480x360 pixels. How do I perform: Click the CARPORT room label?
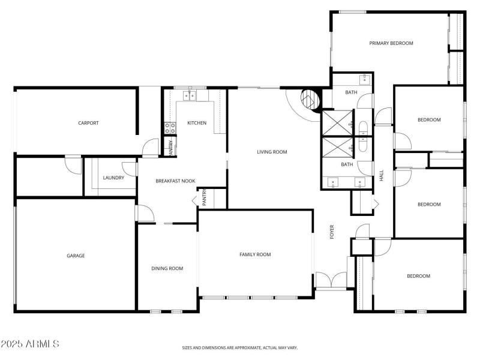(88, 123)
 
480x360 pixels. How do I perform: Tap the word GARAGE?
(76, 256)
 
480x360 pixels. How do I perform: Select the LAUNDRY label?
(113, 178)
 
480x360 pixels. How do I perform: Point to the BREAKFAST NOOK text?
(176, 181)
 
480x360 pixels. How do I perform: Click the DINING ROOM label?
(167, 268)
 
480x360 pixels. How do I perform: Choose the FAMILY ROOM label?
(255, 254)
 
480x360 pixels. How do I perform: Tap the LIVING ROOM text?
(272, 152)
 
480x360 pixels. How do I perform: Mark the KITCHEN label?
(197, 123)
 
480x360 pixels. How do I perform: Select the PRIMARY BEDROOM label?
(391, 43)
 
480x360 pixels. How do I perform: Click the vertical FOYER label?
(332, 232)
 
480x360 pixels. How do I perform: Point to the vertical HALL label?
(382, 176)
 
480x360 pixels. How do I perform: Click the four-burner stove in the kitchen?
(170, 128)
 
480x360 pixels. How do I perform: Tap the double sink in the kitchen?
(191, 95)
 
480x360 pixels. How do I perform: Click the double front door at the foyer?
(331, 281)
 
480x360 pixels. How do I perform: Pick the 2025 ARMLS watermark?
(30, 344)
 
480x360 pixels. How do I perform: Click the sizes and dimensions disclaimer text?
(240, 347)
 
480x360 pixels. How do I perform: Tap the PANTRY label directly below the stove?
(171, 148)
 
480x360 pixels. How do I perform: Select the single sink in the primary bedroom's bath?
(365, 79)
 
